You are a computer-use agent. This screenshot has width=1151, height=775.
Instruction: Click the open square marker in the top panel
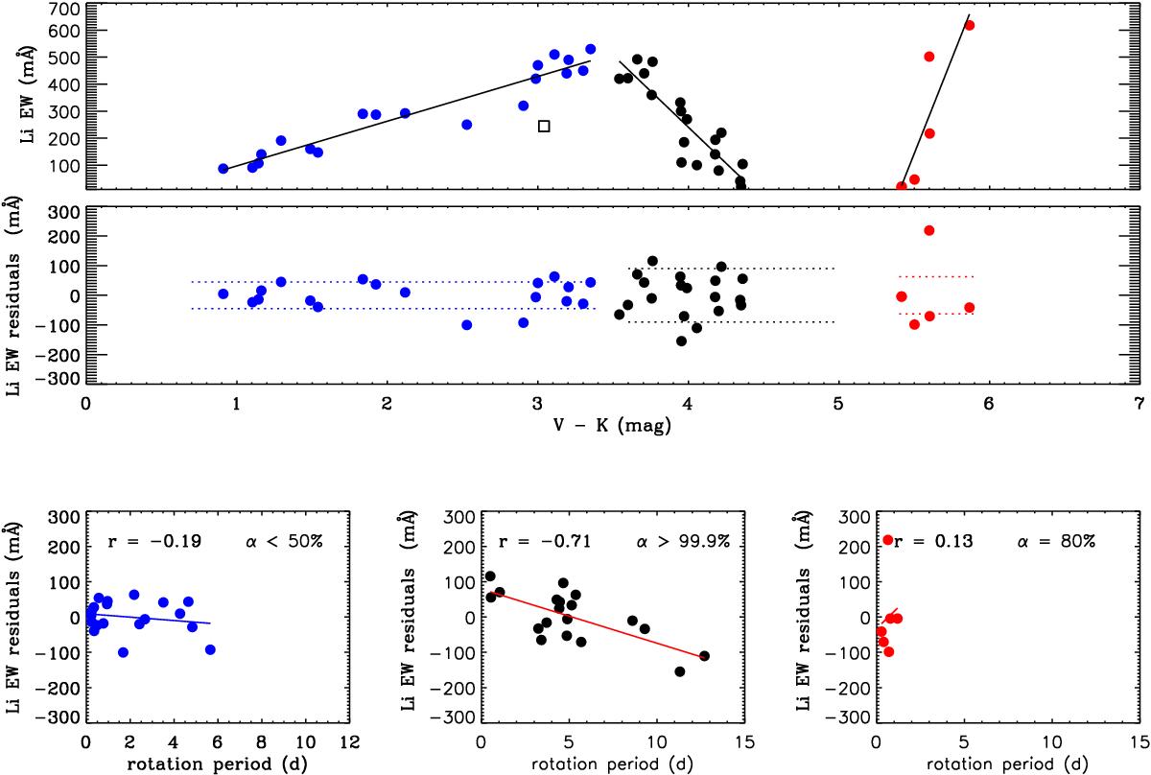pyautogui.click(x=544, y=126)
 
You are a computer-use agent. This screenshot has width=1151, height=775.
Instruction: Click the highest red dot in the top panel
pyautogui.click(x=969, y=25)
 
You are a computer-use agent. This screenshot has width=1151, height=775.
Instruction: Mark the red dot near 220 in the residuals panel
pyautogui.click(x=928, y=230)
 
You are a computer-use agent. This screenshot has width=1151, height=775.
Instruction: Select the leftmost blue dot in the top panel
pyautogui.click(x=223, y=168)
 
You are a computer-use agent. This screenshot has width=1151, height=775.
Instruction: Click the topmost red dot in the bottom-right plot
pyautogui.click(x=888, y=541)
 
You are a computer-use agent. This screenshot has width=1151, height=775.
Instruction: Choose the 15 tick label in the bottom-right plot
pyautogui.click(x=1138, y=741)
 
